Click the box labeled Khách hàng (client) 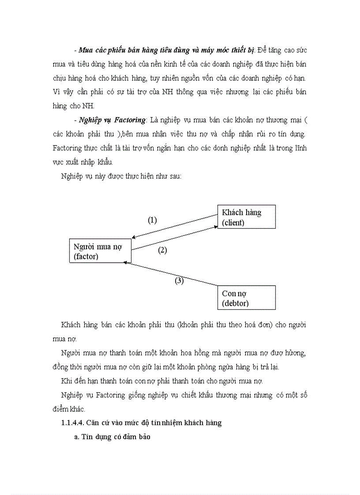(x=246, y=217)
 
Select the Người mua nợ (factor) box (x=101, y=251)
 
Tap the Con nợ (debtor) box (x=246, y=298)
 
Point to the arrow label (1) (x=152, y=220)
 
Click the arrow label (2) (x=162, y=250)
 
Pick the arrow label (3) (x=179, y=280)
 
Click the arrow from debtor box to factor (x=172, y=274)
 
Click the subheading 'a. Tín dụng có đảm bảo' (x=112, y=439)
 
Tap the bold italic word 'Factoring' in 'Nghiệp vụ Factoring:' (x=129, y=120)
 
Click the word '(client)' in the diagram (x=233, y=223)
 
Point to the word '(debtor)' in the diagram (x=235, y=303)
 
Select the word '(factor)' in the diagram (x=86, y=257)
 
